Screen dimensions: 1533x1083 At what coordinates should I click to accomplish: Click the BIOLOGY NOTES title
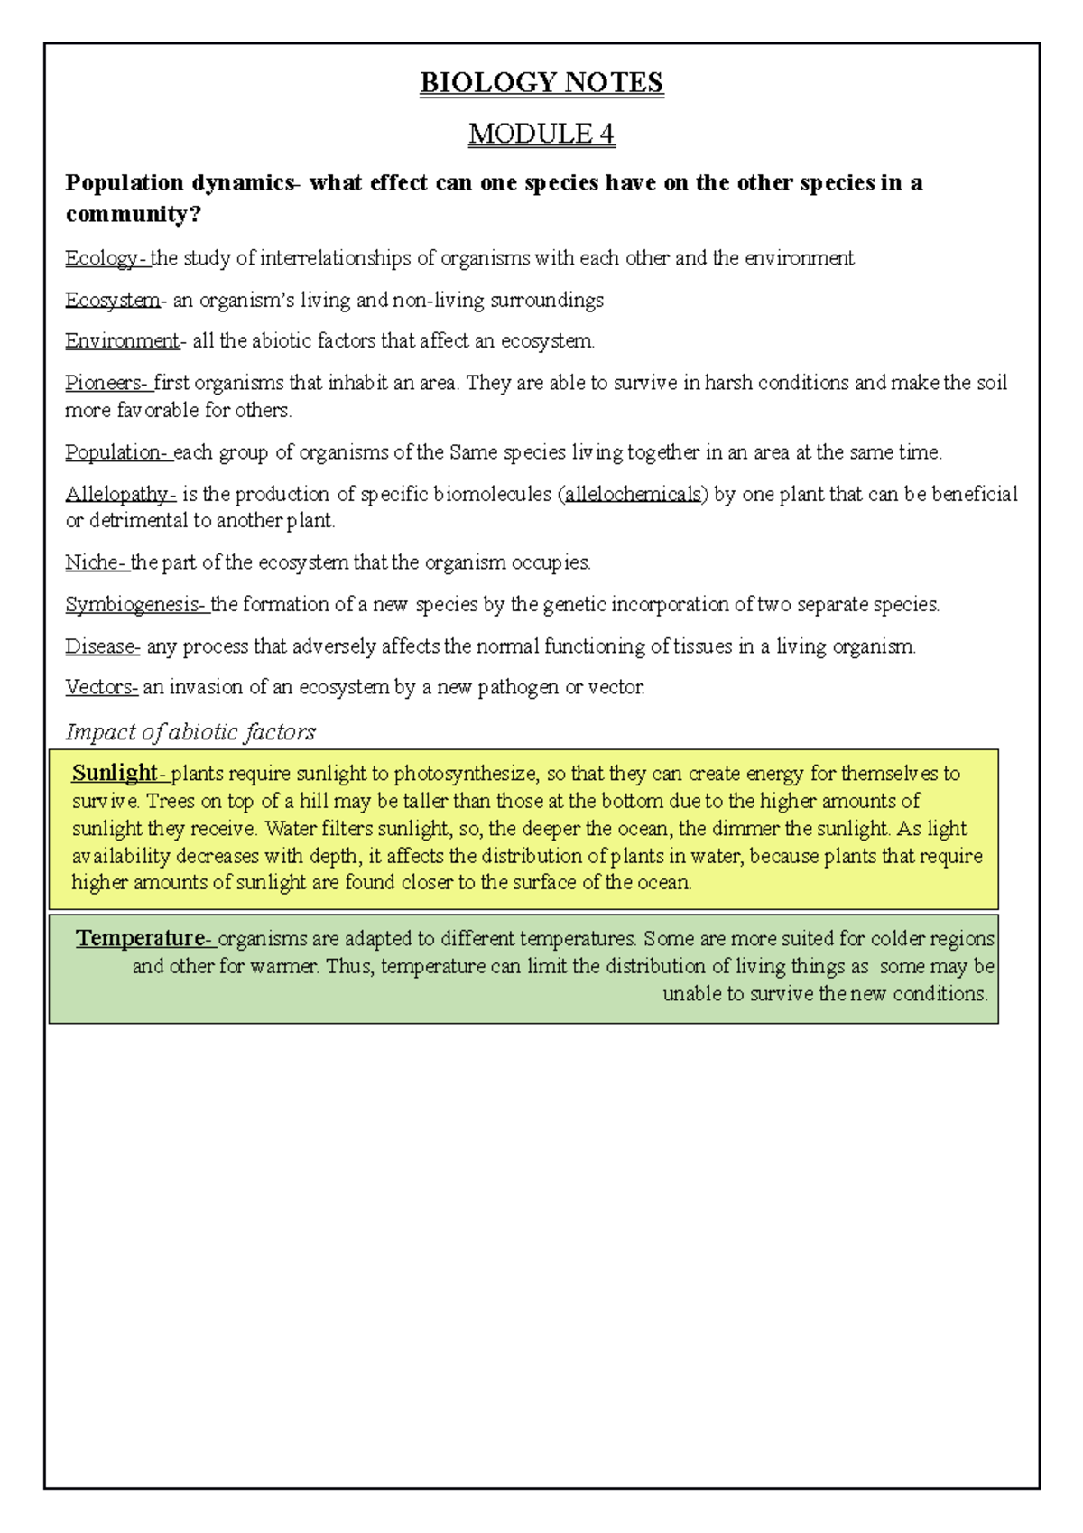click(x=541, y=83)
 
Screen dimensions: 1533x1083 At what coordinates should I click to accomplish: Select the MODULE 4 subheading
click(x=541, y=134)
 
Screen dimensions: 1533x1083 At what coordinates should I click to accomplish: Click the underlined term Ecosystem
click(x=112, y=301)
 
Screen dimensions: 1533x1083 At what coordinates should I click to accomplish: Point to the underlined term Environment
click(x=122, y=341)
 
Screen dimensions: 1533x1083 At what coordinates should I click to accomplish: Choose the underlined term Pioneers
click(x=104, y=383)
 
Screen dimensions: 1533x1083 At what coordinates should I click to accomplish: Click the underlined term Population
click(x=115, y=452)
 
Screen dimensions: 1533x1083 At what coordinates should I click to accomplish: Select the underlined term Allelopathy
click(x=119, y=495)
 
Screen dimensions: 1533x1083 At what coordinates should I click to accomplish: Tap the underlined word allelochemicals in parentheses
click(x=633, y=495)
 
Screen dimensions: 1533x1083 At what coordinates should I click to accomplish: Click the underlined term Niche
click(x=93, y=563)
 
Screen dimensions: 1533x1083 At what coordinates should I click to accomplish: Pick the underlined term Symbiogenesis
click(x=134, y=605)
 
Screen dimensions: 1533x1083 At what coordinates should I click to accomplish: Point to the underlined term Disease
click(x=100, y=646)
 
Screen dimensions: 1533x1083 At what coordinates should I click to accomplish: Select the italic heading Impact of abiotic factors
click(x=190, y=731)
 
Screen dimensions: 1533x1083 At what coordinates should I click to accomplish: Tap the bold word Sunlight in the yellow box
click(x=116, y=774)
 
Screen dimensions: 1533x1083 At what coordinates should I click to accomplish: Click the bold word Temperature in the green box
click(x=141, y=939)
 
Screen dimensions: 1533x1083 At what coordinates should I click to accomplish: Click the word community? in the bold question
click(x=133, y=215)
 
